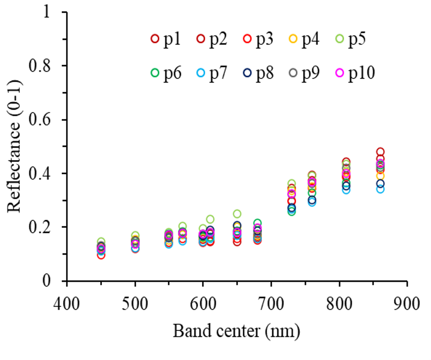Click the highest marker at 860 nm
click(380, 152)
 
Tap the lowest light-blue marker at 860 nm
click(380, 189)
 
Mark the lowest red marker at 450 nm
click(101, 255)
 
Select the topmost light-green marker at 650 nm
click(237, 214)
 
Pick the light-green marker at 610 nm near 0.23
click(210, 219)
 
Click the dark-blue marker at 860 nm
click(380, 184)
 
